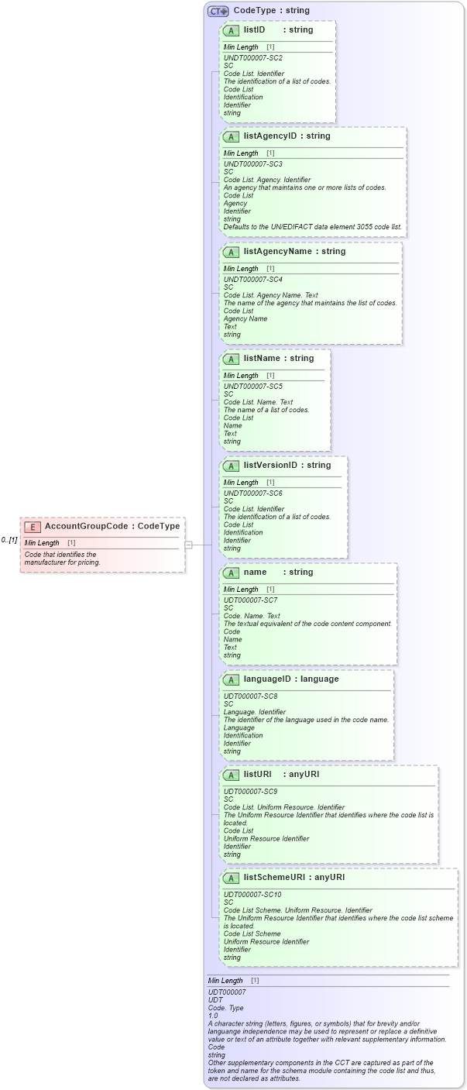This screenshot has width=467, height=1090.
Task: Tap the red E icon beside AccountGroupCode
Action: (x=33, y=527)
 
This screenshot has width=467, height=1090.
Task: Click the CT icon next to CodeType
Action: (x=218, y=11)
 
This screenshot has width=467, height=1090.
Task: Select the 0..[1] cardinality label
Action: (x=9, y=540)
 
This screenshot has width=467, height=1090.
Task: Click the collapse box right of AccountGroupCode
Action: (x=188, y=545)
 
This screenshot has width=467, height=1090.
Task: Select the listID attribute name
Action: (x=254, y=29)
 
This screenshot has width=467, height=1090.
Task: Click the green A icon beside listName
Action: (x=231, y=359)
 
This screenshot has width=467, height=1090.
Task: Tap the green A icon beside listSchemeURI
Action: (x=231, y=878)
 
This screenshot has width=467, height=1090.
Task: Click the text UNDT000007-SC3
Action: (x=252, y=164)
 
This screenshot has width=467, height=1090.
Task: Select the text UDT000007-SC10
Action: (x=252, y=895)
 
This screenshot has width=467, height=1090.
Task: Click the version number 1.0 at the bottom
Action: (x=213, y=1015)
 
